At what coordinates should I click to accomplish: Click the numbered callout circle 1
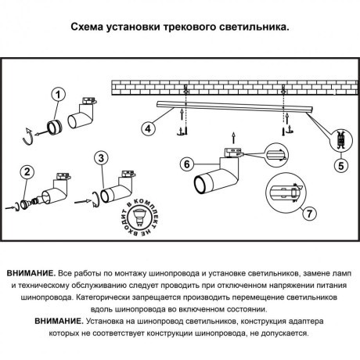56,95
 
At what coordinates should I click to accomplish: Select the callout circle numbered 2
27,171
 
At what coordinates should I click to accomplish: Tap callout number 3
99,159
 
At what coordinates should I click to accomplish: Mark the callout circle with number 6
186,164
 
